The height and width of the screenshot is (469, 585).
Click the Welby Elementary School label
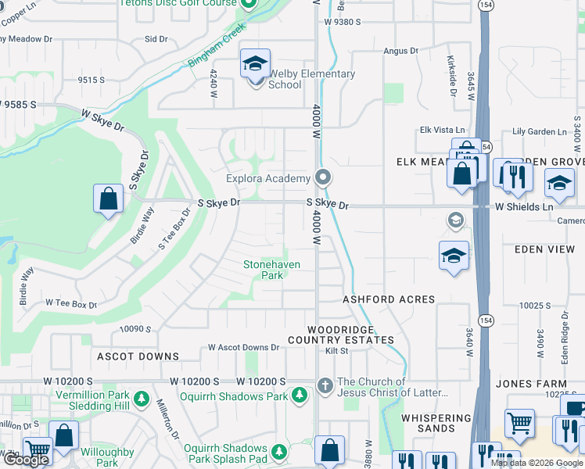[311, 79]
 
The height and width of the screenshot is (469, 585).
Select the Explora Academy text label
[268, 178]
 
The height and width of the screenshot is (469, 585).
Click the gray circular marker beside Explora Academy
[321, 175]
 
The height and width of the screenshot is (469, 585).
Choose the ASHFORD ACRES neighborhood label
[389, 299]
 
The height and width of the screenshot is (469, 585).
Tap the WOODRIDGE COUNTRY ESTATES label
[340, 335]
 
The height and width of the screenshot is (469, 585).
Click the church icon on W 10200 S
[325, 384]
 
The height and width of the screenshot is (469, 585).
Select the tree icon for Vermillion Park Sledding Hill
[142, 399]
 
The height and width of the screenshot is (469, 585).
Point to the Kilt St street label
[337, 352]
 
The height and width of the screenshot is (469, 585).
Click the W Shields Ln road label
[523, 206]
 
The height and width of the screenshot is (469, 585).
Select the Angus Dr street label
[400, 51]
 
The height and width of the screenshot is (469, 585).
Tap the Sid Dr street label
[156, 38]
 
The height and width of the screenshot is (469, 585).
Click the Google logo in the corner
[27, 460]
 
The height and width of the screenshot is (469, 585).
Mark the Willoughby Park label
[107, 457]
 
